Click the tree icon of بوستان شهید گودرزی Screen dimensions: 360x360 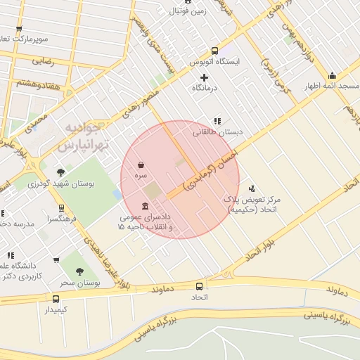click(x=61, y=172)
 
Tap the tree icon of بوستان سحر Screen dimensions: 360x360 click(x=79, y=271)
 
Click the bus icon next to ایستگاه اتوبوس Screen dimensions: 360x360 click(x=214, y=50)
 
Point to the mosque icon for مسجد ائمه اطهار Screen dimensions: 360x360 click(x=332, y=76)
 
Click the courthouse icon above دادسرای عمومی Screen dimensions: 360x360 click(x=145, y=206)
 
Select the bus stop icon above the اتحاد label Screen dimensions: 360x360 click(x=199, y=286)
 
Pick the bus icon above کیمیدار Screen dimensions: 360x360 click(x=56, y=298)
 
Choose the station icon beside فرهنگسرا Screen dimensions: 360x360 click(x=62, y=208)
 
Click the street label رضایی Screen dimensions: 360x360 click(x=41, y=61)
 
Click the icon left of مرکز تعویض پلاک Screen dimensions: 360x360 click(x=252, y=188)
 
